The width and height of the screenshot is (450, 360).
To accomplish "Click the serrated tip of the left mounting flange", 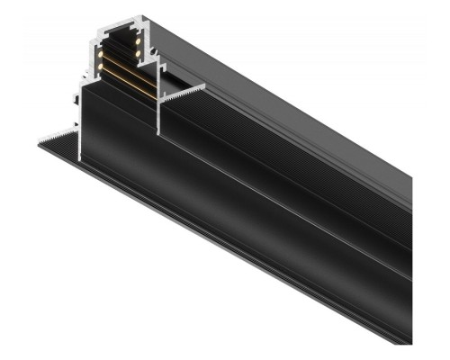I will click(40, 139).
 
